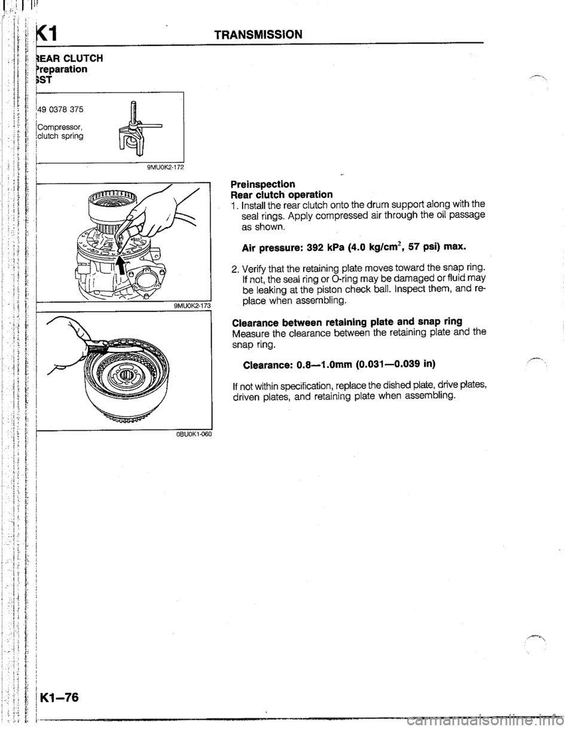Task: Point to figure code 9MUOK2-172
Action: click(161, 167)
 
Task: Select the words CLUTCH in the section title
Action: click(83, 58)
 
